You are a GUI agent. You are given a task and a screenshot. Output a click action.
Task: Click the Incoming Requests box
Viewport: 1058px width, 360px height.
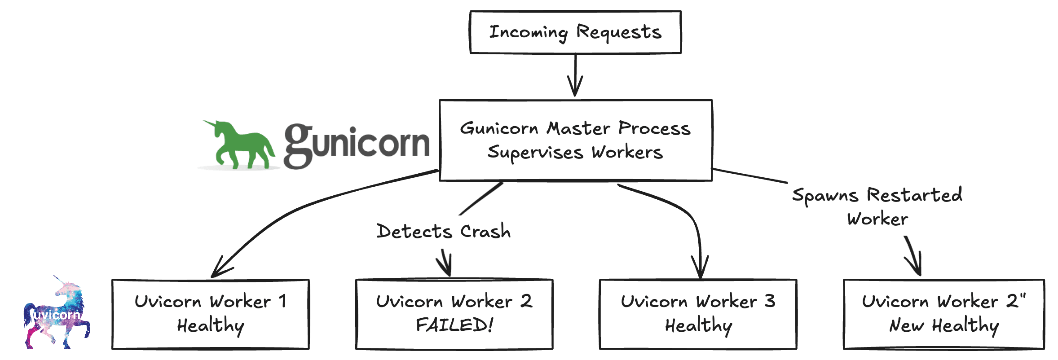tap(575, 32)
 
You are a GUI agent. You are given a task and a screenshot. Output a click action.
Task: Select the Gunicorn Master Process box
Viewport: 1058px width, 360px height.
tap(575, 140)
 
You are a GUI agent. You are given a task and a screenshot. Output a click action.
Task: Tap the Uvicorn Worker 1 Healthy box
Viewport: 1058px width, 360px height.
tap(210, 314)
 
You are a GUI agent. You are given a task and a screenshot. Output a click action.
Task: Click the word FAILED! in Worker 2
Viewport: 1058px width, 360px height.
tap(454, 325)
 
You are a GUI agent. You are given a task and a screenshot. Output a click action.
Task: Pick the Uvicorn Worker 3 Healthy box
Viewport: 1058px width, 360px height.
tap(698, 314)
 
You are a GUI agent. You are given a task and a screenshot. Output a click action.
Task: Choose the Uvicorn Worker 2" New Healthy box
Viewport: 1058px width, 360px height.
tap(943, 314)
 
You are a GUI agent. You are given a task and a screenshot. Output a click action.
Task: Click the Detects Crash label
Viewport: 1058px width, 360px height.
tap(443, 232)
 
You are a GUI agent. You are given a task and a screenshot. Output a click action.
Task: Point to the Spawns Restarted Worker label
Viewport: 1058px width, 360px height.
tap(877, 206)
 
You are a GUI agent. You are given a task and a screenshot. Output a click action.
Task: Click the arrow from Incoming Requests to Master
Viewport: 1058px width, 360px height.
tap(575, 74)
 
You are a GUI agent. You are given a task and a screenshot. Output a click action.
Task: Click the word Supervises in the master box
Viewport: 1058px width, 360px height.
tap(535, 153)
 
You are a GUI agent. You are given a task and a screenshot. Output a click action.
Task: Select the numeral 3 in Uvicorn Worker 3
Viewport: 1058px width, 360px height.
tap(770, 301)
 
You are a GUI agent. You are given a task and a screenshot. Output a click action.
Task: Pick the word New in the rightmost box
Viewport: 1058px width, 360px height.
tap(906, 325)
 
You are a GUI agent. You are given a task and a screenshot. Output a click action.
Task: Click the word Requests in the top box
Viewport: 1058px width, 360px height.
tap(619, 32)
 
